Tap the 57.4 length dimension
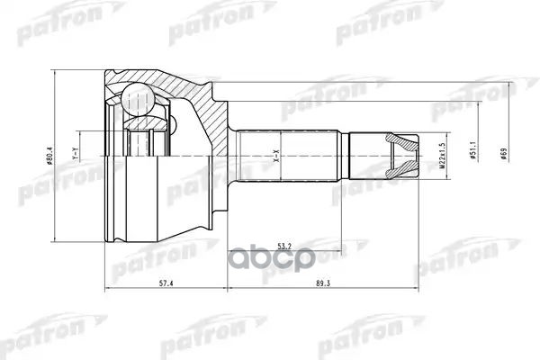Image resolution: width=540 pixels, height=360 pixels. (x=166, y=282)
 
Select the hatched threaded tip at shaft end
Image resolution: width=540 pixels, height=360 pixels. (x=403, y=155)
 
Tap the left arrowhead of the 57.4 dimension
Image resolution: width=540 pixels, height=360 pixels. (x=109, y=290)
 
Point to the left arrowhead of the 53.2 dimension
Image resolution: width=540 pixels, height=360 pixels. (x=229, y=250)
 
